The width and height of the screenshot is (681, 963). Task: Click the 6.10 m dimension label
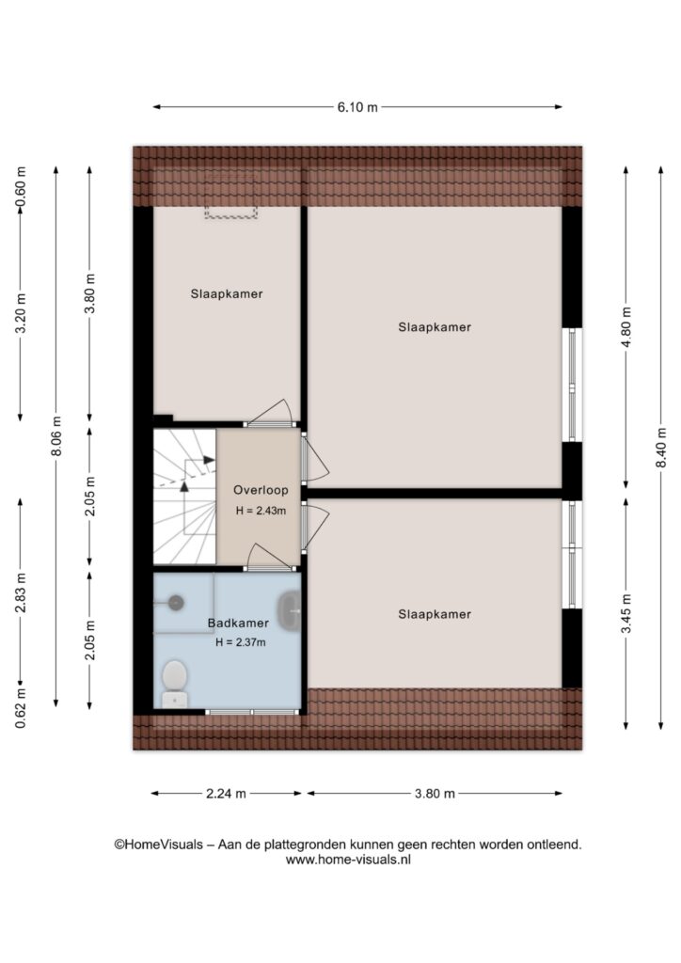[357, 107]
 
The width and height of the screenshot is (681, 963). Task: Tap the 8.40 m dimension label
[660, 447]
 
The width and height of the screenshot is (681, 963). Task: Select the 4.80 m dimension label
[626, 326]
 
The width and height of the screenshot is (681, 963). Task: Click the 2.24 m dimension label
[226, 794]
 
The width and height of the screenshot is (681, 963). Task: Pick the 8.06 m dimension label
[56, 436]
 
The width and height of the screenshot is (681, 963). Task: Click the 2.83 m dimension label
[21, 592]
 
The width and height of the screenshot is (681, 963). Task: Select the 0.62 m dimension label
[21, 708]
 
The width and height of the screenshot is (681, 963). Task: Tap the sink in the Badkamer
[290, 611]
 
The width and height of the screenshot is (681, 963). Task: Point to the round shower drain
[176, 603]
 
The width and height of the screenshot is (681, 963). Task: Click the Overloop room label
[261, 490]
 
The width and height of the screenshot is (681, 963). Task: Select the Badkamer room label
[238, 623]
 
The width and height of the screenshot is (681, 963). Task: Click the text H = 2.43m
[261, 511]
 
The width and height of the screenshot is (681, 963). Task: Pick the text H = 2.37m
[241, 642]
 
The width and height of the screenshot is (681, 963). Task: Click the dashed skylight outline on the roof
[230, 196]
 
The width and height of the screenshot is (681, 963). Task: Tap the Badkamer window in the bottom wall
[252, 712]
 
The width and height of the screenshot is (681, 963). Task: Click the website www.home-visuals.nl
[348, 860]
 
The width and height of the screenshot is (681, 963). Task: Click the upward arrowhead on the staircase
[183, 486]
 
